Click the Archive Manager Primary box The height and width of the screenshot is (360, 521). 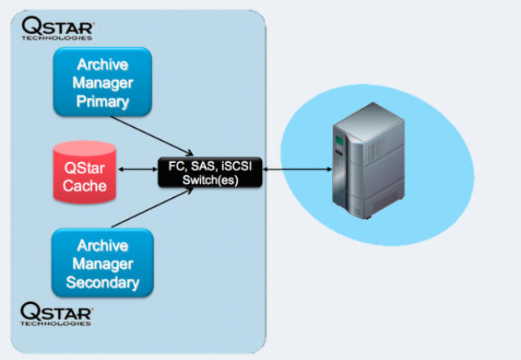coord(102,81)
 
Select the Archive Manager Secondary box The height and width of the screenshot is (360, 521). coord(102,263)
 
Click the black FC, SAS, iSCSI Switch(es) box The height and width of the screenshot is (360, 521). coord(210,171)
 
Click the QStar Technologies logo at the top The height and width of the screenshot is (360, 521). coord(56,27)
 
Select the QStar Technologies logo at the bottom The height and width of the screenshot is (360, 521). coord(56,313)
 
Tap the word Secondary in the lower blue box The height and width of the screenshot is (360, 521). coord(103,284)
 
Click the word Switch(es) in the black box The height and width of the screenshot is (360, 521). coord(210,179)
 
